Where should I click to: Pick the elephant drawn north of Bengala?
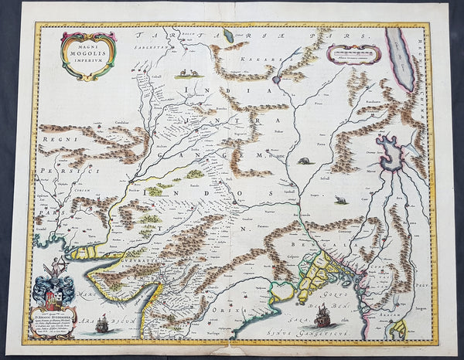pos(341,200)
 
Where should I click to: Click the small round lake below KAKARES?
pos(277,79)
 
